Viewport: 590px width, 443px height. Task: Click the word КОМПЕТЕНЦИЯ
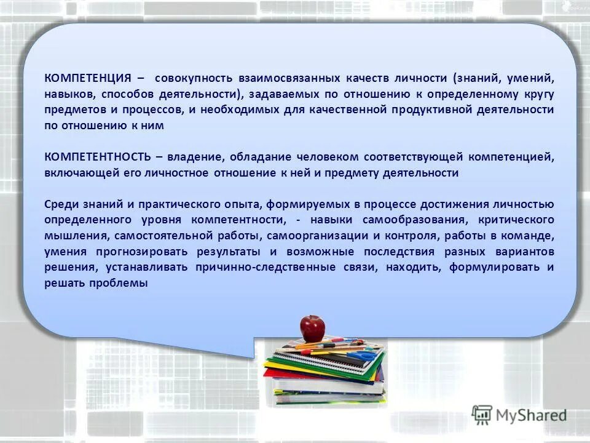pos(87,79)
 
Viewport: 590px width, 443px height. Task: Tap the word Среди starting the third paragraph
pos(60,204)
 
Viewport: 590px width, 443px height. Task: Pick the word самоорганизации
pos(319,236)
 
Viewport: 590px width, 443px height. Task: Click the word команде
pos(532,236)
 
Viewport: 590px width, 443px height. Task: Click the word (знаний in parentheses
pos(474,79)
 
